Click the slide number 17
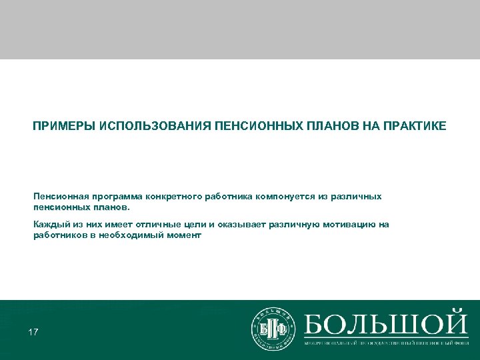click(x=33, y=331)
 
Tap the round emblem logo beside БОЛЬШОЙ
click(x=273, y=329)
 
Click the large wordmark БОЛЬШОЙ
click(x=386, y=323)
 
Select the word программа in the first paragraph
click(x=109, y=197)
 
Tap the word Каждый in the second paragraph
click(x=48, y=225)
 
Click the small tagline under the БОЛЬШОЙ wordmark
click(x=386, y=343)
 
